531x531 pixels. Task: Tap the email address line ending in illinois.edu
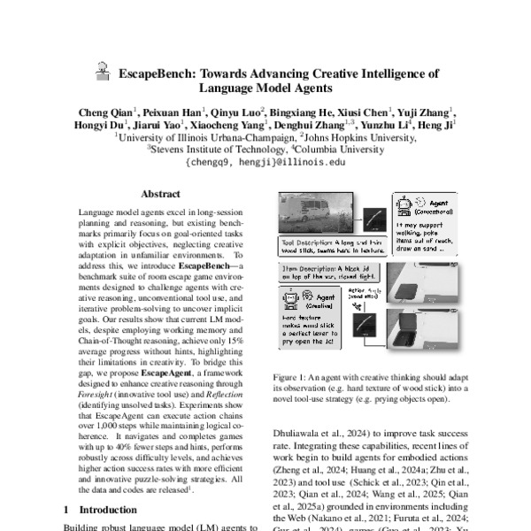[265, 163]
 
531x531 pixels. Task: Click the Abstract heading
[160, 194]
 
